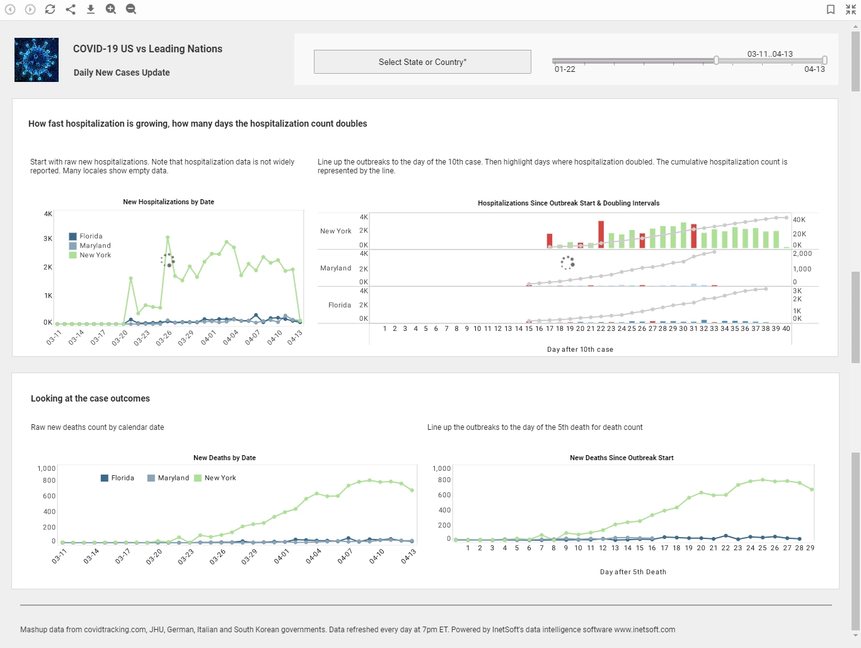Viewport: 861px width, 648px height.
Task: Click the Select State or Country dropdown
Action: [x=422, y=62]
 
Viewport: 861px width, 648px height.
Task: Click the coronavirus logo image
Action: [x=37, y=60]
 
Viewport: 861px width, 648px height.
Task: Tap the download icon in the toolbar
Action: [x=91, y=9]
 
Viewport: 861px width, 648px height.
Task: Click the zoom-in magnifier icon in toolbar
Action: [x=111, y=9]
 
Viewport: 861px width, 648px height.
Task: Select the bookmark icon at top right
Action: [x=831, y=9]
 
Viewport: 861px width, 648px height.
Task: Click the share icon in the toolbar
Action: [x=71, y=9]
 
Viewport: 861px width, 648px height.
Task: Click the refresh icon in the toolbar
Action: [x=50, y=9]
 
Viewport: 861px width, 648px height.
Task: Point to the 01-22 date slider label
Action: [x=565, y=69]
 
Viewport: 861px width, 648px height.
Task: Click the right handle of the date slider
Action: [x=824, y=60]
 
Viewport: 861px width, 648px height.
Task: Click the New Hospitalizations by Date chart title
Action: [x=168, y=202]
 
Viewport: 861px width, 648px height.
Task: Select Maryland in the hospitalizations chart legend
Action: [x=95, y=246]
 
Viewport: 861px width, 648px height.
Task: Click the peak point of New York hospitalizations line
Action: [x=168, y=238]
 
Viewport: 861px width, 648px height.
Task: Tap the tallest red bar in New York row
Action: [x=601, y=234]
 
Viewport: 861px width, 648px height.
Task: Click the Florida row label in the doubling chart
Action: [x=339, y=305]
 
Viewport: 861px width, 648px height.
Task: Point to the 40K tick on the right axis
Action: [x=799, y=220]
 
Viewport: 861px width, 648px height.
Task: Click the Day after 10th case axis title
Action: [x=580, y=349]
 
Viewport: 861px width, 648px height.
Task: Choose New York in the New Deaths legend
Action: [x=219, y=478]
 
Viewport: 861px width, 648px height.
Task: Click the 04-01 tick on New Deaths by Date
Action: [x=282, y=556]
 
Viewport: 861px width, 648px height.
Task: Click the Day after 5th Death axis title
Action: [x=633, y=572]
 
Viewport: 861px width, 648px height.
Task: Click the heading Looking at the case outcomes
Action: [x=90, y=398]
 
